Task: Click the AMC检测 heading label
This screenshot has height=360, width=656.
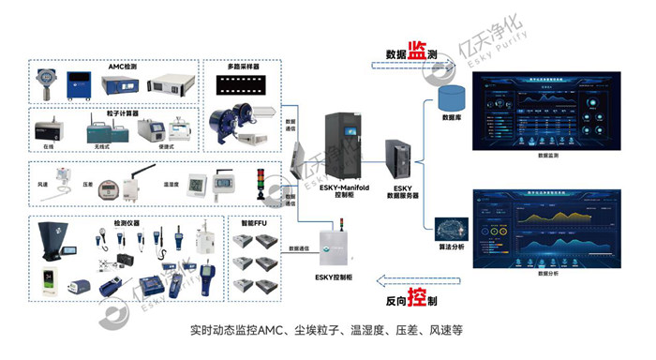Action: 123,67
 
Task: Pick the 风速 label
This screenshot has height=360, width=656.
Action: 43,185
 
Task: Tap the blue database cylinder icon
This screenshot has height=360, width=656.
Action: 454,97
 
